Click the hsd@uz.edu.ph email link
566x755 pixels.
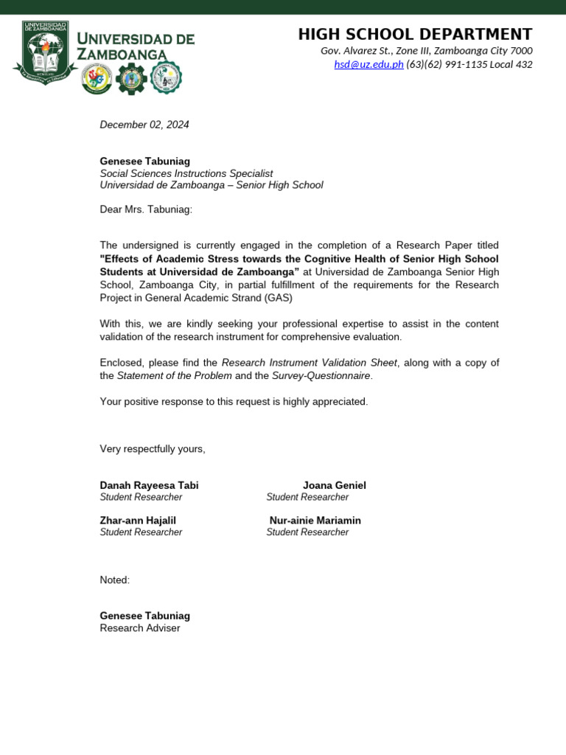click(368, 64)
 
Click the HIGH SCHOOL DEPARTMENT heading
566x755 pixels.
click(415, 34)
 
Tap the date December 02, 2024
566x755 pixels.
click(144, 125)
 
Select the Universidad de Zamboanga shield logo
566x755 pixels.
click(44, 49)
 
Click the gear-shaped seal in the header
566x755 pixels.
click(133, 77)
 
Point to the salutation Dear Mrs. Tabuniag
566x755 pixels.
click(146, 209)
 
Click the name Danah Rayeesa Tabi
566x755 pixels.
click(149, 485)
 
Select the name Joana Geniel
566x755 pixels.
click(334, 485)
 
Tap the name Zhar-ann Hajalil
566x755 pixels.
click(138, 521)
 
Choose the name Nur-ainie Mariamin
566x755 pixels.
click(315, 521)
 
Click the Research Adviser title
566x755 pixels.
click(140, 628)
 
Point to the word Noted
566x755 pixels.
click(114, 580)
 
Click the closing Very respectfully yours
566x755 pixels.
click(153, 449)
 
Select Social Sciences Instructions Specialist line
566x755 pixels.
click(186, 173)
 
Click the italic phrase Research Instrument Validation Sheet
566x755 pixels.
click(309, 363)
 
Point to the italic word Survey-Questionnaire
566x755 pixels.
click(321, 375)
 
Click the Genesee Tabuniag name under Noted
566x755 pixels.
click(144, 616)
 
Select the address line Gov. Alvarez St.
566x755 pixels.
click(426, 51)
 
